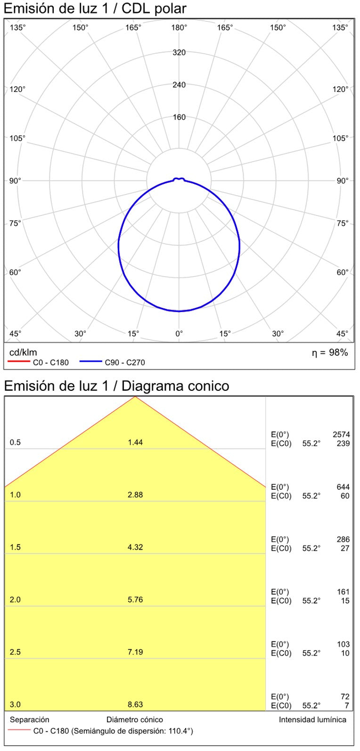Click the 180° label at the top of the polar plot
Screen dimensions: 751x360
[x=179, y=28]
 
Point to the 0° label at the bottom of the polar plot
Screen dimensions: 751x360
[x=179, y=334]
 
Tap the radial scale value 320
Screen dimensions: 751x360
[x=179, y=52]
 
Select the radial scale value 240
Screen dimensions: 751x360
[x=179, y=85]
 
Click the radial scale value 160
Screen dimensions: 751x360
[x=179, y=117]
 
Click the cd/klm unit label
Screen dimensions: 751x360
[x=23, y=353]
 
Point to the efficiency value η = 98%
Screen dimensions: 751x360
[x=330, y=353]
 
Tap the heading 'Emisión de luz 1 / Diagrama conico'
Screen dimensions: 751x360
[x=116, y=386]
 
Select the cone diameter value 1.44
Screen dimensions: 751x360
[x=135, y=442]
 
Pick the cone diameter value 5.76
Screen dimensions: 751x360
[x=135, y=600]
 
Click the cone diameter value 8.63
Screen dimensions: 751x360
[x=135, y=705]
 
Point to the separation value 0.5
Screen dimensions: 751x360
[x=15, y=442]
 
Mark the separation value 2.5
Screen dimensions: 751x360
[x=15, y=652]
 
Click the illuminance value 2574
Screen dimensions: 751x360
[x=341, y=435]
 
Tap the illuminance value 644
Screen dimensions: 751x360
[x=344, y=487]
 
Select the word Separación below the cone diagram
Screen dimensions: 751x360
[x=29, y=719]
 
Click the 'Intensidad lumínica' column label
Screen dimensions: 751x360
[x=312, y=719]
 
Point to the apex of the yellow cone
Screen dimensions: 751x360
[x=135, y=396]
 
